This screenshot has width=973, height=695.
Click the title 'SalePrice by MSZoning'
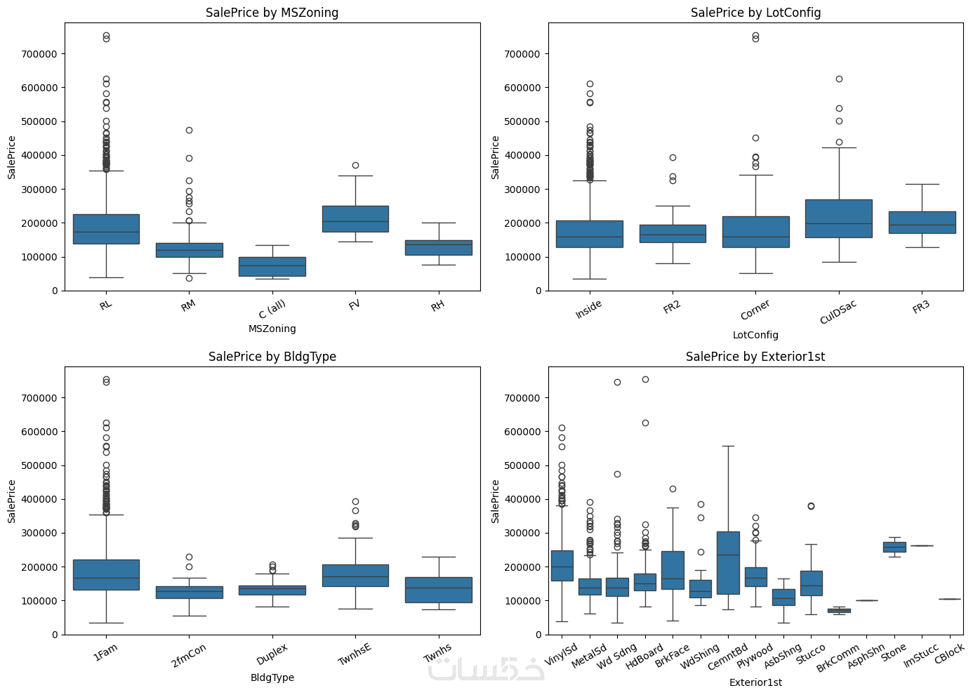[x=272, y=13]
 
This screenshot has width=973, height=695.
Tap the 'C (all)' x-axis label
[x=272, y=310]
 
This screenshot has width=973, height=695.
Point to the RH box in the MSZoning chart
[x=438, y=247]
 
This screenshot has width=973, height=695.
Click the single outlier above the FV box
[x=355, y=165]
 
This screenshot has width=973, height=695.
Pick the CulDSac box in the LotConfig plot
[x=838, y=218]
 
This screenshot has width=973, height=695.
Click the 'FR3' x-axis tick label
[x=921, y=307]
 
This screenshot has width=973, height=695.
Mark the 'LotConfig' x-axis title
[x=755, y=335]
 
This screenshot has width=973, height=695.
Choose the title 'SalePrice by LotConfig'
[x=755, y=13]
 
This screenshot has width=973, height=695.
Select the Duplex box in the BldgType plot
[x=272, y=590]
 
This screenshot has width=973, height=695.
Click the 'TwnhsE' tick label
[x=355, y=654]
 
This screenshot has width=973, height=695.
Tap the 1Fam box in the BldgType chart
[x=106, y=574]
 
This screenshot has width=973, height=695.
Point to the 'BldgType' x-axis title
[x=272, y=677]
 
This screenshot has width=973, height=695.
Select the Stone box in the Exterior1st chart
[x=894, y=547]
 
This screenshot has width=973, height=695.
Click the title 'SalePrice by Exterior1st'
[x=755, y=357]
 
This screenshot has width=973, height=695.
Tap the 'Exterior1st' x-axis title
[x=755, y=682]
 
